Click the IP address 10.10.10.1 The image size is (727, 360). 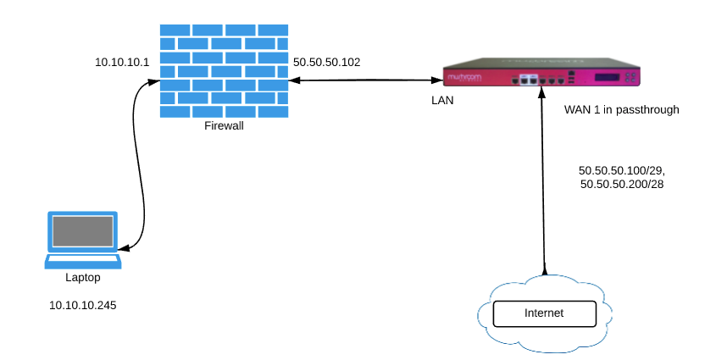122,62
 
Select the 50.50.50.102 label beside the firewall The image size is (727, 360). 327,62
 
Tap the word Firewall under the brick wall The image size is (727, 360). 224,125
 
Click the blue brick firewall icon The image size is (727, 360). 224,71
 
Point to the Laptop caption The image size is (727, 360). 83,278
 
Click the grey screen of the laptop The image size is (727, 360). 83,231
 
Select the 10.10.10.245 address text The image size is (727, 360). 83,305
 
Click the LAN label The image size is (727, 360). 442,100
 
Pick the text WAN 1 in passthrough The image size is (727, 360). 621,110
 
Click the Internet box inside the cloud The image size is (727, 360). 544,313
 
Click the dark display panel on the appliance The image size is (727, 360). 608,77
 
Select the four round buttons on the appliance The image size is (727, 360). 630,77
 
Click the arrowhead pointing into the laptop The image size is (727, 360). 124,249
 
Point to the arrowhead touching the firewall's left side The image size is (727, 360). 154,81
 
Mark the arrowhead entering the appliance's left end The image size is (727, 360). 438,80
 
